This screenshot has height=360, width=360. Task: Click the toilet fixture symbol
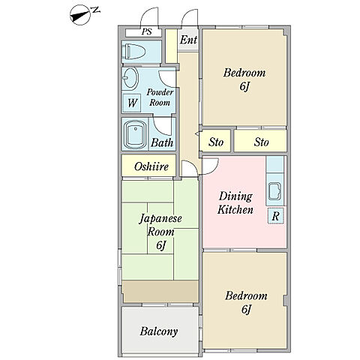(x=135, y=52)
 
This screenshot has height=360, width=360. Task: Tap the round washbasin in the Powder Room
(x=131, y=78)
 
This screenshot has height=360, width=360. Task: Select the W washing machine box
(x=132, y=103)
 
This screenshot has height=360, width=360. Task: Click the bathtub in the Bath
(x=135, y=134)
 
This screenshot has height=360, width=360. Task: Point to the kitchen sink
(x=275, y=191)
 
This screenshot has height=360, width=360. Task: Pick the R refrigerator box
(x=276, y=215)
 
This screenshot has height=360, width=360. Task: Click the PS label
(x=147, y=31)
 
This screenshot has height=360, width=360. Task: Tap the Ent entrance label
(x=188, y=40)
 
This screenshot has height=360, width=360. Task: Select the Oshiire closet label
(x=151, y=166)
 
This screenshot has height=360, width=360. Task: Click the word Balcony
(x=159, y=331)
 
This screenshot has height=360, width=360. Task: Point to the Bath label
(x=162, y=142)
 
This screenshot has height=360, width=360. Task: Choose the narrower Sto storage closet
(x=216, y=141)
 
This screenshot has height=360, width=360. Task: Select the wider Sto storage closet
(x=260, y=141)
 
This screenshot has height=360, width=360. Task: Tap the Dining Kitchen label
(x=235, y=203)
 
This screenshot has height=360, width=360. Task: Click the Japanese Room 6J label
(x=160, y=232)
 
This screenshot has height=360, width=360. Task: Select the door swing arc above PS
(x=149, y=13)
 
